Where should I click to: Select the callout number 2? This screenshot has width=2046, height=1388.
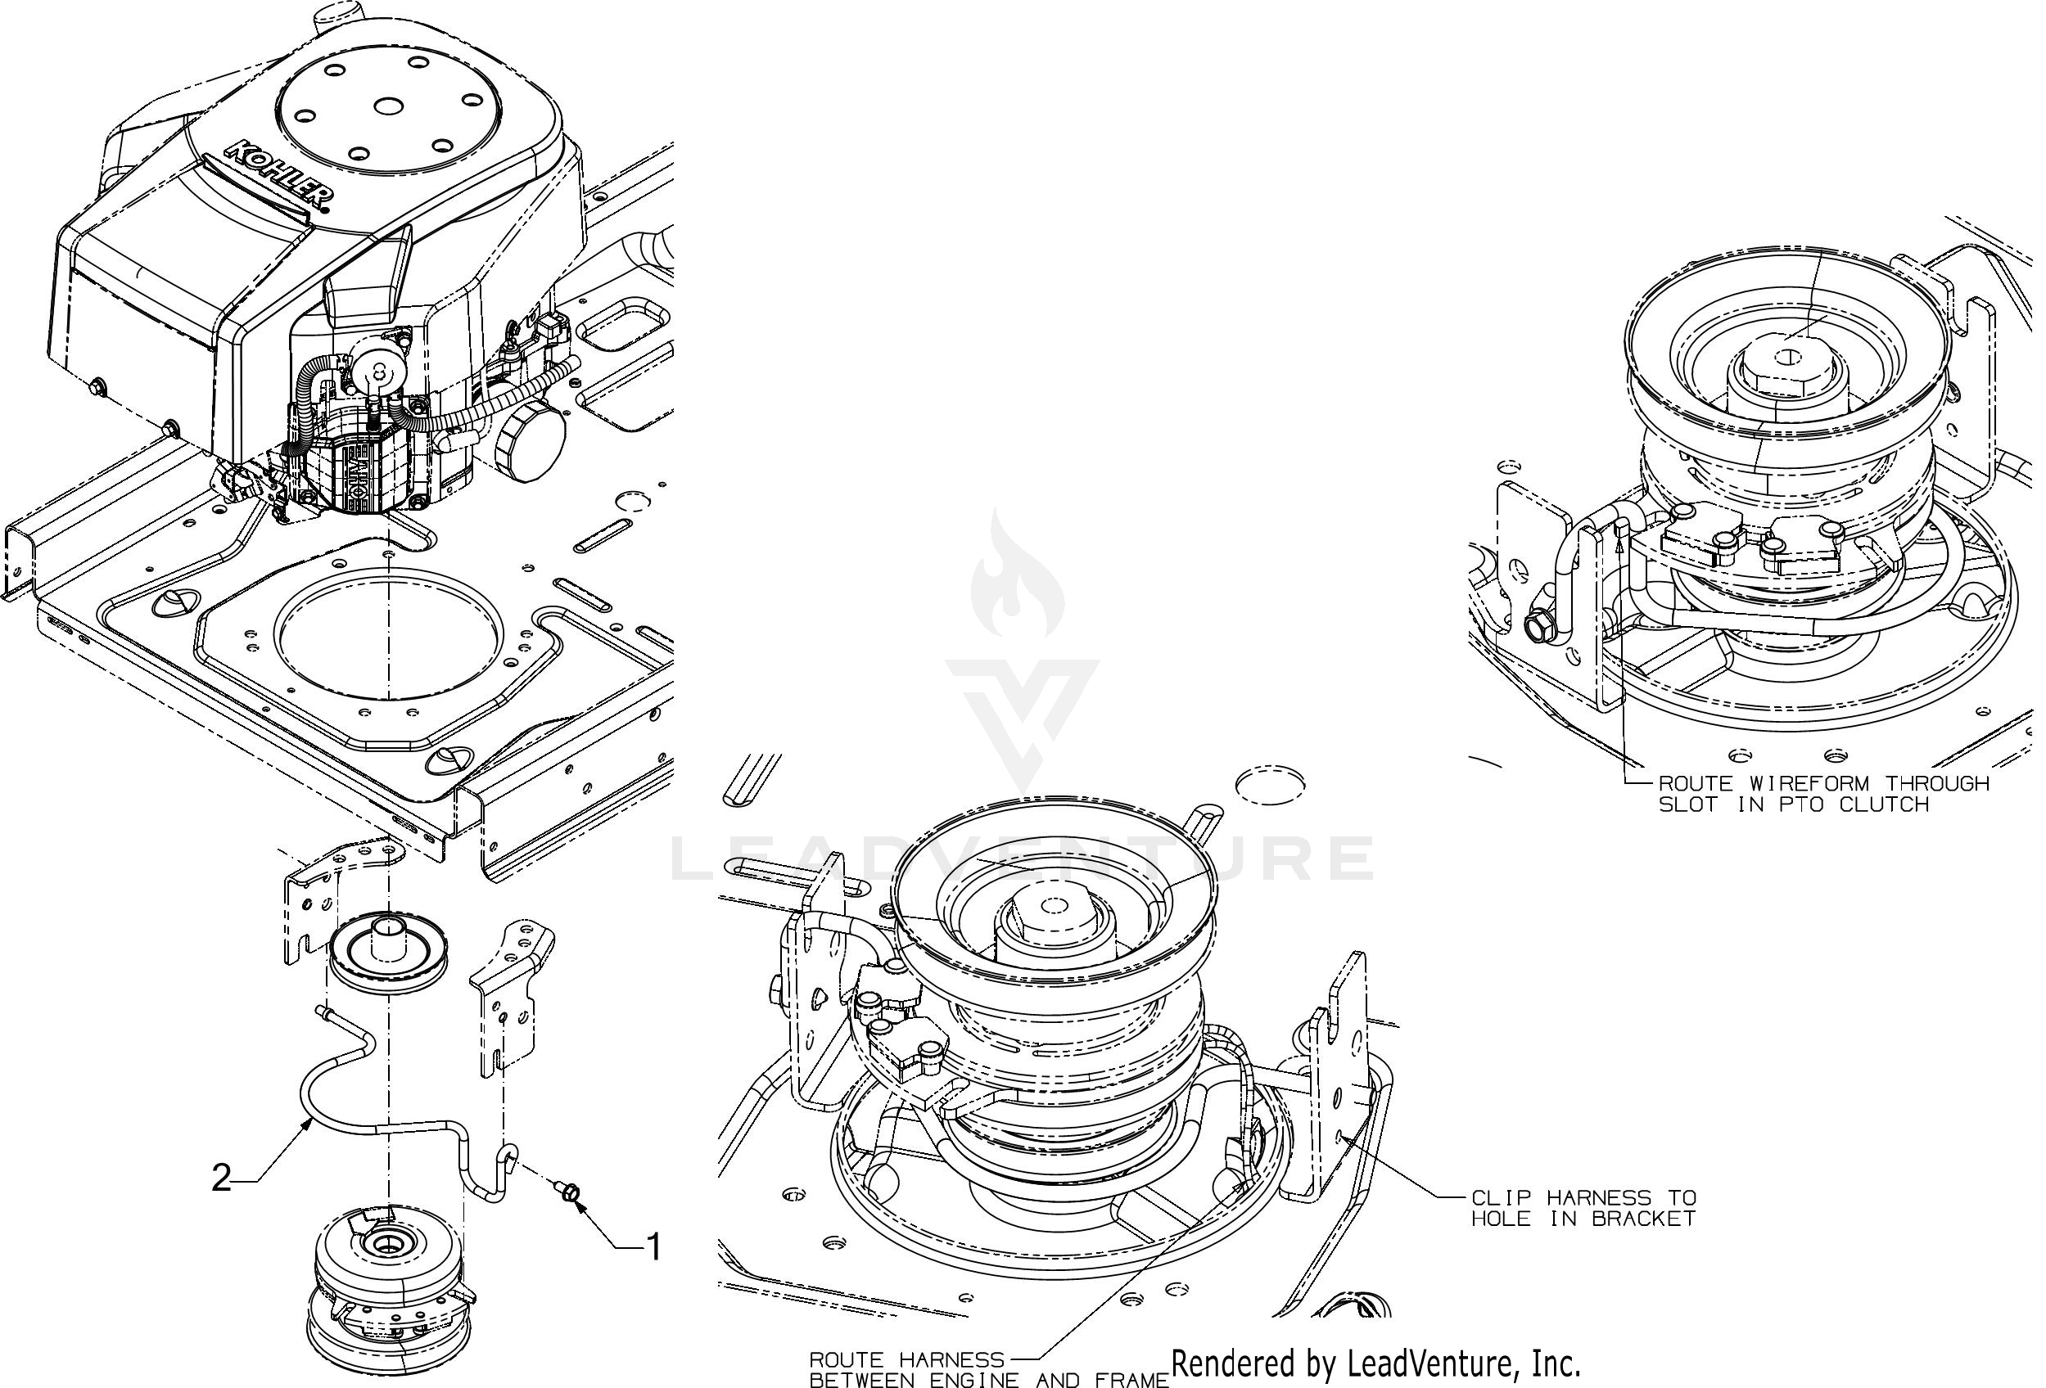[x=222, y=1178]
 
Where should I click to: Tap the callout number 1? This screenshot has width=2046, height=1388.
[x=653, y=1246]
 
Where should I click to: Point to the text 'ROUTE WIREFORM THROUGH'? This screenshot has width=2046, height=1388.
[x=1823, y=782]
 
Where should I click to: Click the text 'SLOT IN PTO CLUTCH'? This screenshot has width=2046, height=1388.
[x=1794, y=804]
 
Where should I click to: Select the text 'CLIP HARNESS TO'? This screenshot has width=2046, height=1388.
[x=1583, y=1197]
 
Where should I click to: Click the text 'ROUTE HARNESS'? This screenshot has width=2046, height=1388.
[x=907, y=1360]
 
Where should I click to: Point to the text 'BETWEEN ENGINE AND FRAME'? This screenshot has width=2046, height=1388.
[x=989, y=1380]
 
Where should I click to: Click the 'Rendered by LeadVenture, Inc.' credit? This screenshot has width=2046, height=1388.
[x=1376, y=1364]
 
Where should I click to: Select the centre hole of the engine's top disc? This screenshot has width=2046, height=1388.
[x=387, y=106]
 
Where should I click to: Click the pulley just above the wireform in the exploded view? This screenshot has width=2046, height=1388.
[x=387, y=955]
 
